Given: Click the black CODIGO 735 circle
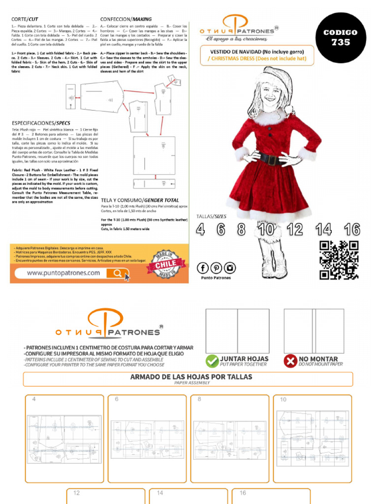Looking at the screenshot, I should (340, 38).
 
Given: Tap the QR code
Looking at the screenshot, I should (339, 260).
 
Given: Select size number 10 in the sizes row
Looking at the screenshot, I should (266, 229).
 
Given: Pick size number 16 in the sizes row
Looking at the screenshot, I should (352, 229).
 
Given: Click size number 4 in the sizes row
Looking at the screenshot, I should (200, 229).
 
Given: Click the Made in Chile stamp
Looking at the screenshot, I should (165, 264).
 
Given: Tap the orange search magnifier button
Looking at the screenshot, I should (119, 273).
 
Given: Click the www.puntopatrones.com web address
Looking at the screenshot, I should (60, 273).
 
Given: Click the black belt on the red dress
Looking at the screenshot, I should (269, 158).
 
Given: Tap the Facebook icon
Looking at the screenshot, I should (202, 268).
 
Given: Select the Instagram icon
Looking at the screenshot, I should (230, 268).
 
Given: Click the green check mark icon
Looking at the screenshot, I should (212, 361).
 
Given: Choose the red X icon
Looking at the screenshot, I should (290, 361).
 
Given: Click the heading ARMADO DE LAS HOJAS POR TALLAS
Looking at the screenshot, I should (191, 377).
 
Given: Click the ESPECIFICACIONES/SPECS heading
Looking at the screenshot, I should (41, 123).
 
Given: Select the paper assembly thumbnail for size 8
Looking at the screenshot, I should (229, 438).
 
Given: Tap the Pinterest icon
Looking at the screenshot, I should (216, 268).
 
